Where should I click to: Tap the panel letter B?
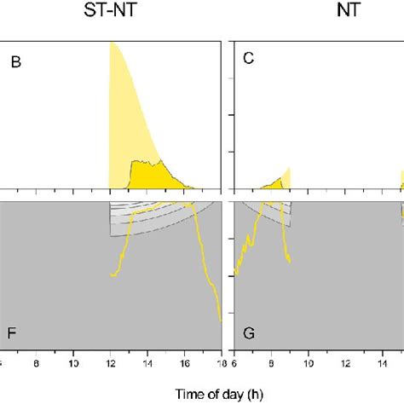[16, 62]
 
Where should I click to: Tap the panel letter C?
[248, 62]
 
